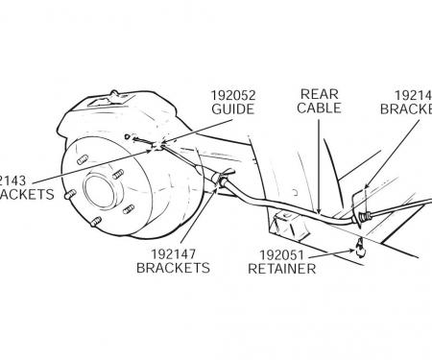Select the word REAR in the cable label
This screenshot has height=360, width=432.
click(319, 94)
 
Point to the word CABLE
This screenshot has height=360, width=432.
click(319, 109)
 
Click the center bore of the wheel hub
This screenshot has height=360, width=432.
click(99, 188)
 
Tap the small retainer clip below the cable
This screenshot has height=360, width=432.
click(357, 251)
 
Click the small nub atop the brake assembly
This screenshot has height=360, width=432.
click(112, 93)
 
